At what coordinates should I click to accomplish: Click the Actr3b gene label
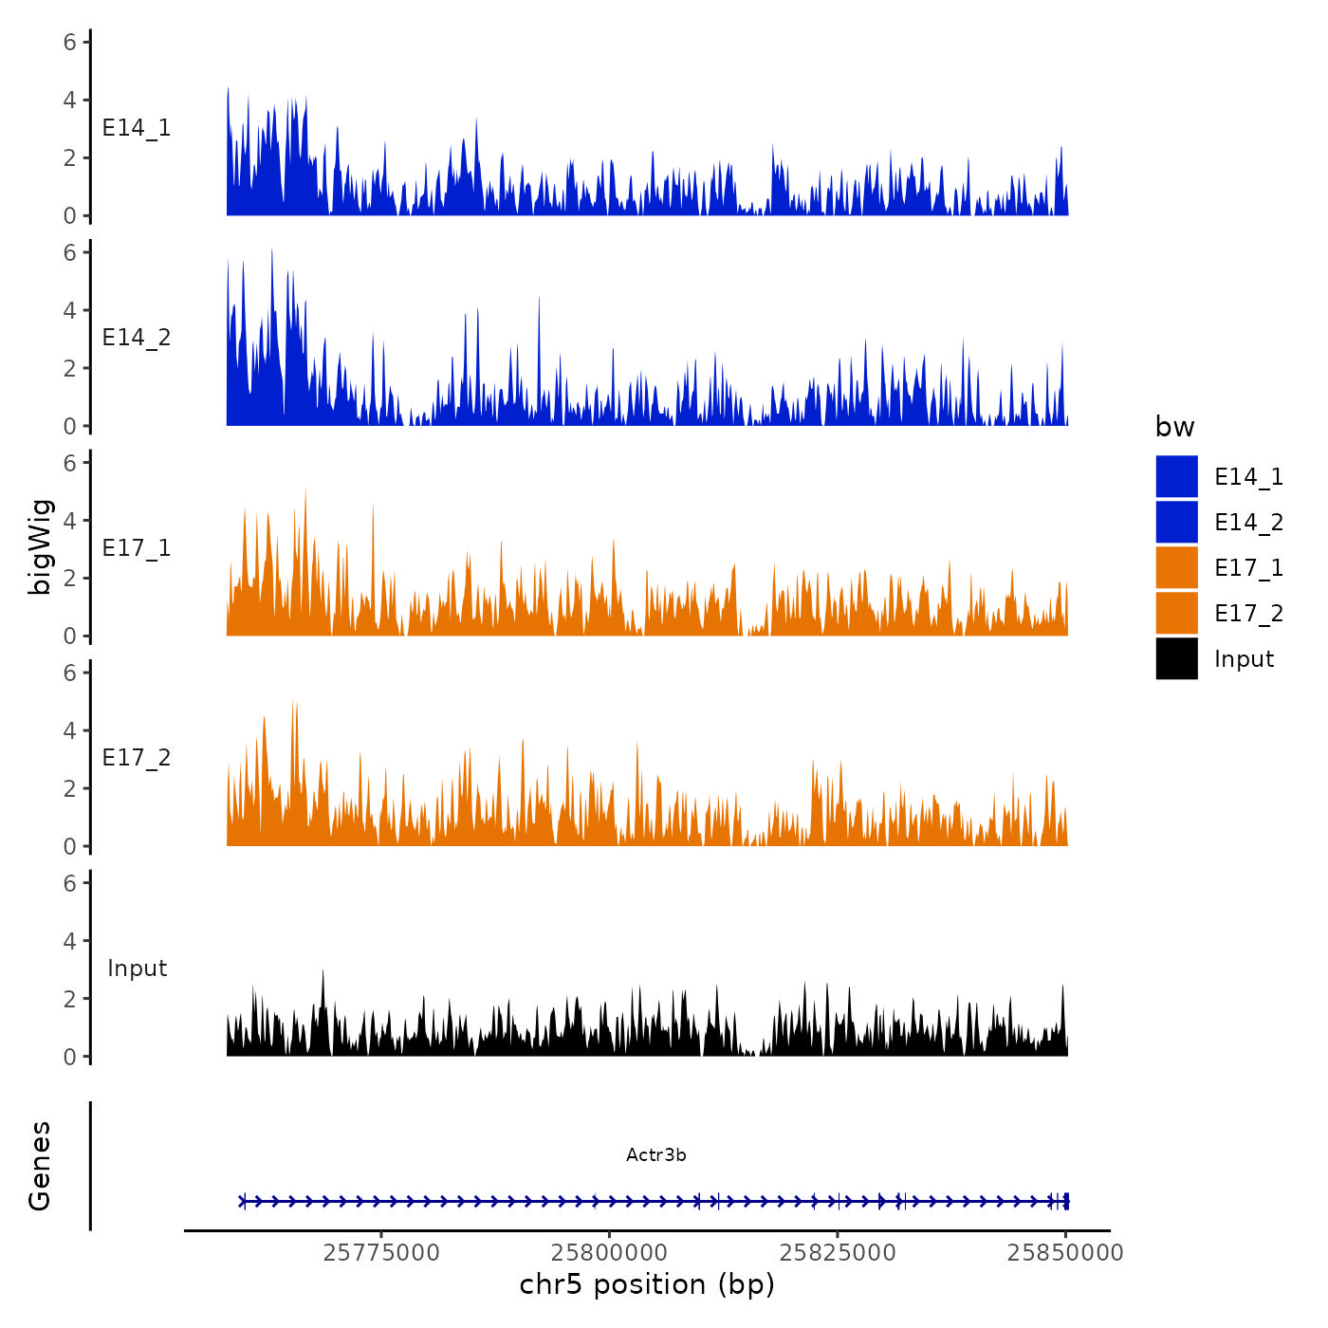coord(655,1155)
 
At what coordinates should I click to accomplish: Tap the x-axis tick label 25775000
coord(381,1253)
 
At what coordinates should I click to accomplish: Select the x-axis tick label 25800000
coord(610,1253)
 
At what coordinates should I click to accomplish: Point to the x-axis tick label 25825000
coord(838,1253)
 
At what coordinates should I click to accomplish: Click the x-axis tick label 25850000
coord(1065,1253)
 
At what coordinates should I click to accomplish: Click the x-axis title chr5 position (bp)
coord(647,1285)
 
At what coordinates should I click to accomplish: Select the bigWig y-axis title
coord(40,547)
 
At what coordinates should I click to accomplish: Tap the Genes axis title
coord(40,1166)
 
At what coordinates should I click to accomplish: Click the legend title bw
coord(1174,428)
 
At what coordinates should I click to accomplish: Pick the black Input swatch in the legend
coord(1176,658)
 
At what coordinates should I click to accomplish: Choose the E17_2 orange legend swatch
coord(1176,613)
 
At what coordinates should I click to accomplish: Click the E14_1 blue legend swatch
coord(1176,476)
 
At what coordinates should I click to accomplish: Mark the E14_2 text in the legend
coord(1248,523)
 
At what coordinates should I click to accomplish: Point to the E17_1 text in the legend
coord(1248,568)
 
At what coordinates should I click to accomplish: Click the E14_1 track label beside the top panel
coord(137,128)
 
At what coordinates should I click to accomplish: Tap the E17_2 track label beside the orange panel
coord(137,758)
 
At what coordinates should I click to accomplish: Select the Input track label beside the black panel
coord(137,968)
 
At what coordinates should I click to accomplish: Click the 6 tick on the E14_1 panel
coord(70,42)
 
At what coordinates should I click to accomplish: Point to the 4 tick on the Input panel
coord(70,941)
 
